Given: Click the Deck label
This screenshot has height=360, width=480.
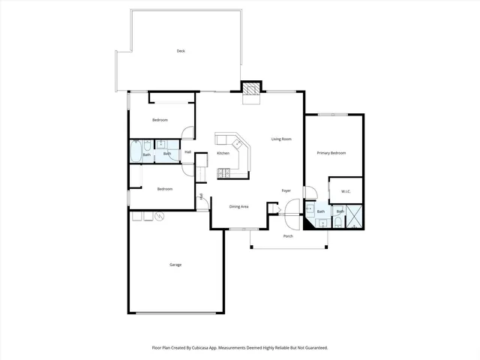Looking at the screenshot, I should coord(181,51).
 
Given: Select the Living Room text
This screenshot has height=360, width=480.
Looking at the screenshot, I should coord(281,139).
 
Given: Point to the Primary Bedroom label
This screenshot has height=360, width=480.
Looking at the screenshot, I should coord(331,153).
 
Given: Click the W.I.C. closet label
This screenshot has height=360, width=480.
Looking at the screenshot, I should coord(346,191).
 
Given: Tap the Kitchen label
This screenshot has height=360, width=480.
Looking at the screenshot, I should coord(223,153).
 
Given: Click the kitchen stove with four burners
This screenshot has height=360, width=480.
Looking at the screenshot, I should coord(223,173).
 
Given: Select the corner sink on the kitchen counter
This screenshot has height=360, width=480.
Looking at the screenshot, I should coord(236,142).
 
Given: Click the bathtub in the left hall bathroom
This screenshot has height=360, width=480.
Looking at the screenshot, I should coord(136,152).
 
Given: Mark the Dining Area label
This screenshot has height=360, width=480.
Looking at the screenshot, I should coord(238,206).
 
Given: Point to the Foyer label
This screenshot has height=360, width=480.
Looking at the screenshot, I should coord(286,190).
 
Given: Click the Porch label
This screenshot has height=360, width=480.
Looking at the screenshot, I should coord(288,236).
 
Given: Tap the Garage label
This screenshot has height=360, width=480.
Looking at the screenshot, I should coord(175,264).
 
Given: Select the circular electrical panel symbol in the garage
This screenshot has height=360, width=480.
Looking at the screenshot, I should coord(158,217).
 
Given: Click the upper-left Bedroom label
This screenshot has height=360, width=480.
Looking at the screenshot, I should coord(160,120).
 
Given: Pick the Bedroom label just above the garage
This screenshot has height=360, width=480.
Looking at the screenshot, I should coord(165,189).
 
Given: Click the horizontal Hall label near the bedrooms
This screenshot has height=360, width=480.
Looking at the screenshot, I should coord(187,152).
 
